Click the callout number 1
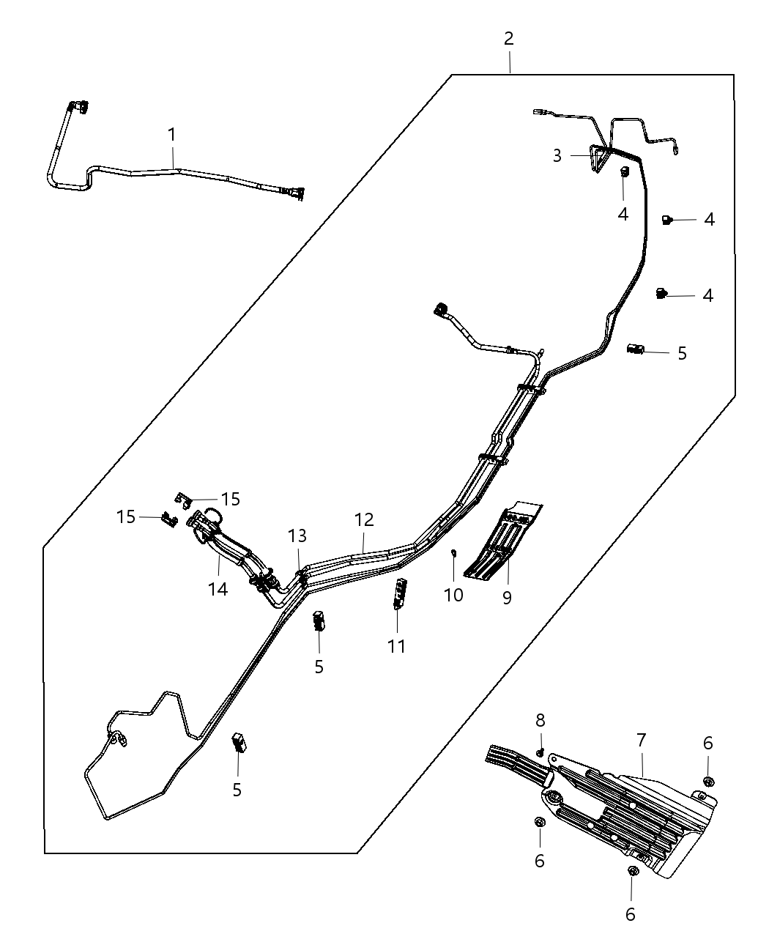click(171, 135)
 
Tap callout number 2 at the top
click(508, 39)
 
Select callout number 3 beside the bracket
click(557, 156)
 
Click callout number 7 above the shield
click(642, 740)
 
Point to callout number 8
click(540, 720)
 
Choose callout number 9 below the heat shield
click(507, 598)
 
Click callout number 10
click(453, 595)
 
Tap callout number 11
click(396, 646)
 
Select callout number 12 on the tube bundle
click(364, 520)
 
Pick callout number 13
click(297, 535)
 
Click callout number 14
click(218, 588)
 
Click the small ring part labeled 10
click(454, 553)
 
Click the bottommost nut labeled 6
click(633, 872)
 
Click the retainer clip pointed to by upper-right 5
click(634, 349)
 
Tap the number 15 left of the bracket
click(126, 516)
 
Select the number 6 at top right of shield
click(707, 743)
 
